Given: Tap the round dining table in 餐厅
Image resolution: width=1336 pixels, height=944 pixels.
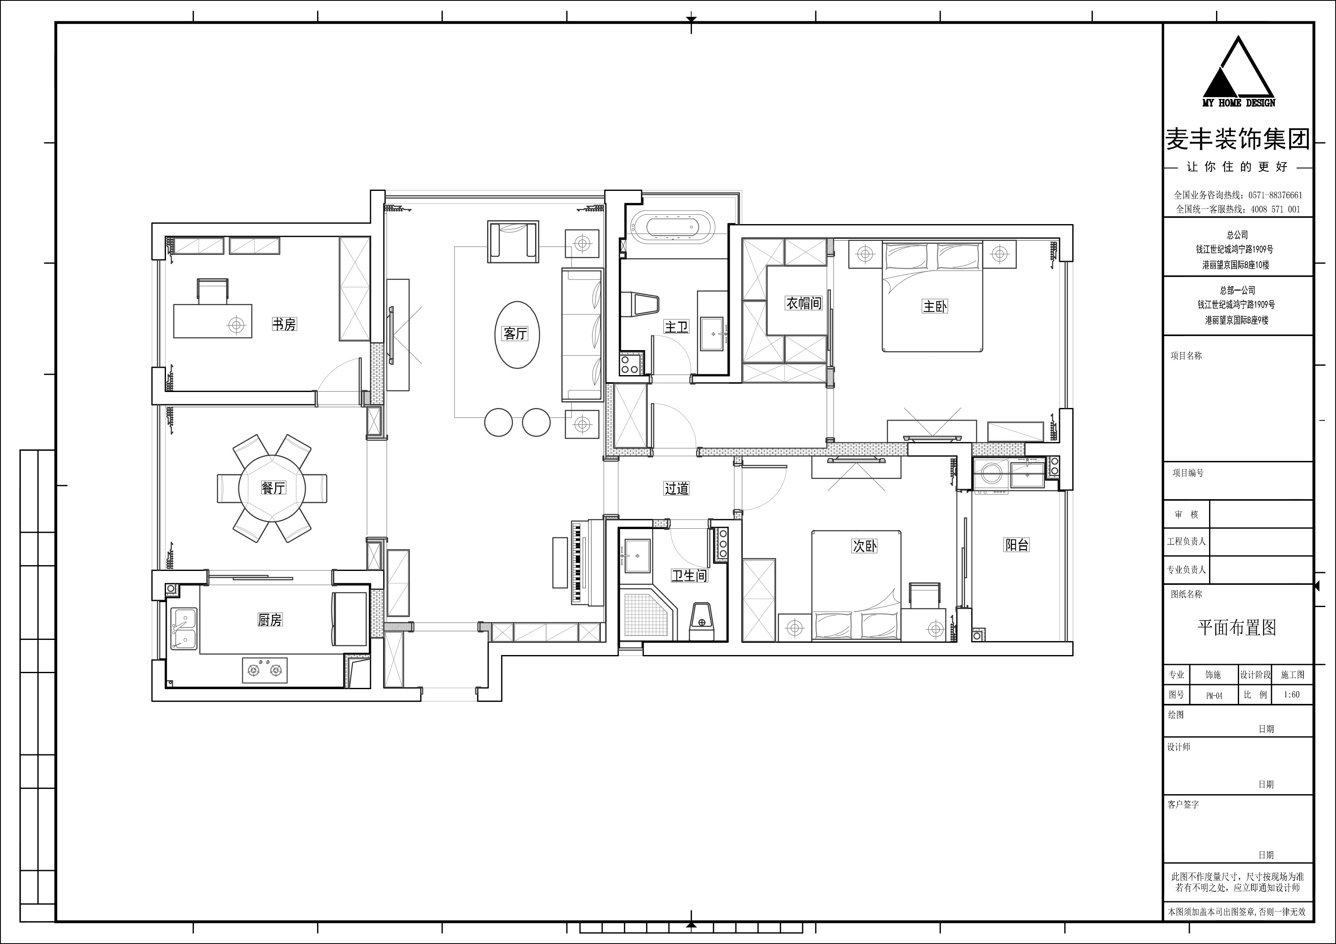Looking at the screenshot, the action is [272, 488].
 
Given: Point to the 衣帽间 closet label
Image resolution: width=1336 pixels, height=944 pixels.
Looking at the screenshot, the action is [804, 303].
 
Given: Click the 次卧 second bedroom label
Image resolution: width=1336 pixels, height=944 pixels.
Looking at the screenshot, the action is [864, 545].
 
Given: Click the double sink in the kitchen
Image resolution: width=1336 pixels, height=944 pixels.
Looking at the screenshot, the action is [184, 629].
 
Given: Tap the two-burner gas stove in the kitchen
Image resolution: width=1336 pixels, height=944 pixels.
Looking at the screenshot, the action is [265, 670].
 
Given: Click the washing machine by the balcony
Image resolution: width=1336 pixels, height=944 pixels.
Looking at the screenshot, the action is [990, 477].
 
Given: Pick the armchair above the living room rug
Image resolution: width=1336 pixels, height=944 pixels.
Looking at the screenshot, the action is [513, 241].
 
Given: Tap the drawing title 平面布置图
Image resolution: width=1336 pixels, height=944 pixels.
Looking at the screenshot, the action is [1237, 627].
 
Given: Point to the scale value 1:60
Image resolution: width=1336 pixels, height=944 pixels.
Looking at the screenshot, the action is [1291, 694].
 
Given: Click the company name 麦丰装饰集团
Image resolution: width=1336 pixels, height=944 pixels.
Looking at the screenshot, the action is [1238, 140].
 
